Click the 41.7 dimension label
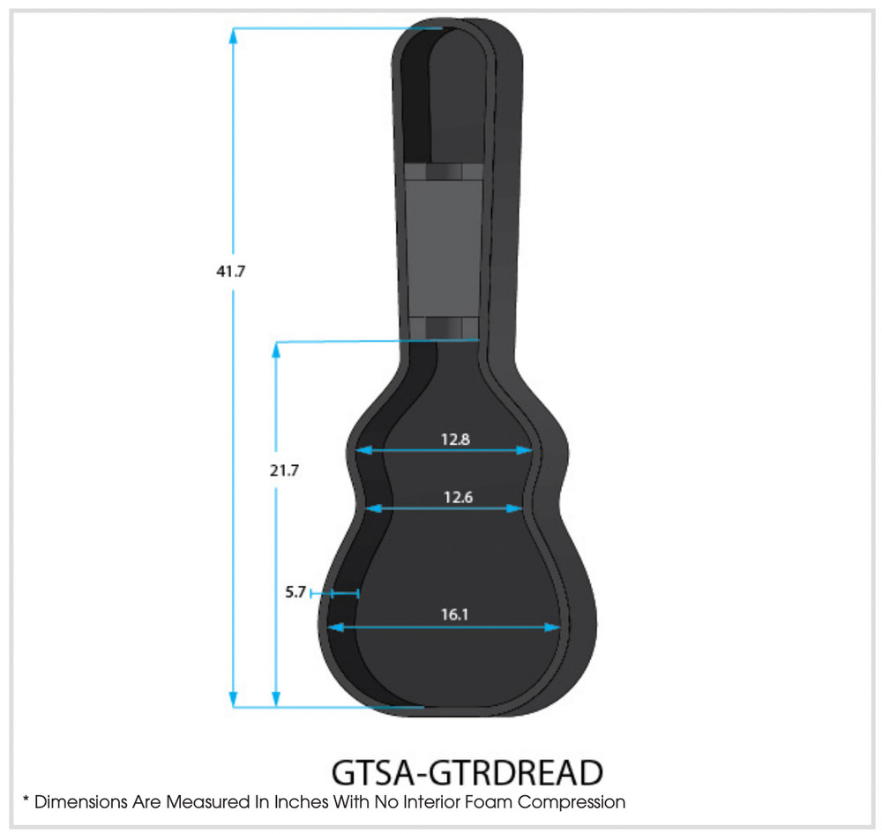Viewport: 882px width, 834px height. click(230, 272)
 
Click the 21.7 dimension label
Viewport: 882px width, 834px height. click(284, 470)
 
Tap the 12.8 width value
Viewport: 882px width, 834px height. click(455, 438)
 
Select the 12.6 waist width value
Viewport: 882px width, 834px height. click(459, 497)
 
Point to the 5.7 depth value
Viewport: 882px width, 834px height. click(295, 593)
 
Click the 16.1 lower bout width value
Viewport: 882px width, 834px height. click(454, 614)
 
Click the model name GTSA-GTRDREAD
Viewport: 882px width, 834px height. click(467, 772)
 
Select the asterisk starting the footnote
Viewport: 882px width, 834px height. click(26, 800)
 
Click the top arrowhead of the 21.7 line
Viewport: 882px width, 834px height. click(276, 350)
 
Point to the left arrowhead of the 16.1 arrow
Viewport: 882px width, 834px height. click(334, 627)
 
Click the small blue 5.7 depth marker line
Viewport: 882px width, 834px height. click(336, 594)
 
